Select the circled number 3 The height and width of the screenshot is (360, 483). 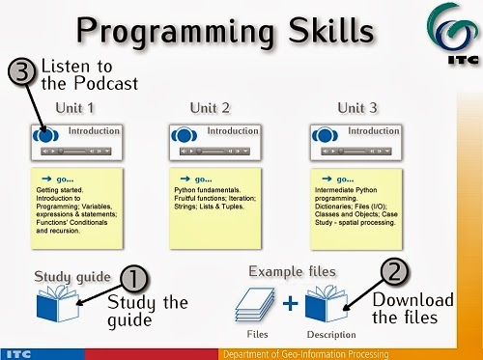coord(22,71)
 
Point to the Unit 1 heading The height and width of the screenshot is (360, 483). coord(73,108)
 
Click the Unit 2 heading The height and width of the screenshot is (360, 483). coord(209,108)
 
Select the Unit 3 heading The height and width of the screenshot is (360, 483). coord(344,108)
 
